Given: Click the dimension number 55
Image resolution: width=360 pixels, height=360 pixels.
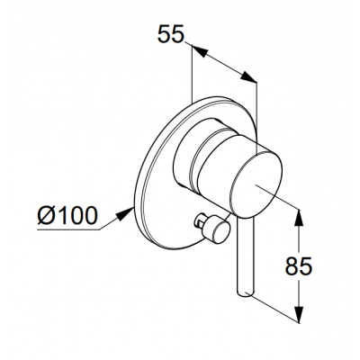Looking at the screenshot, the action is click(x=170, y=34).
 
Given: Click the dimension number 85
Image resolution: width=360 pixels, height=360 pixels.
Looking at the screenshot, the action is click(x=299, y=266).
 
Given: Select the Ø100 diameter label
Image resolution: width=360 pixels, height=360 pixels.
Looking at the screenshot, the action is click(x=67, y=215).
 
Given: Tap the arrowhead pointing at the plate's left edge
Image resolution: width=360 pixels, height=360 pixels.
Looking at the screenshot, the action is click(x=126, y=213).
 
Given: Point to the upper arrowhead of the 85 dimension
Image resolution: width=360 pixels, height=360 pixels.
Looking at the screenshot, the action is click(x=299, y=218).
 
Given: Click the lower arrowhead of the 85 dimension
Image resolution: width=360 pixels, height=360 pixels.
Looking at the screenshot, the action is click(x=299, y=314).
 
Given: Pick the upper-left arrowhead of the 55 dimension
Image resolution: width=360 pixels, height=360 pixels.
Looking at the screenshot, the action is click(x=199, y=51).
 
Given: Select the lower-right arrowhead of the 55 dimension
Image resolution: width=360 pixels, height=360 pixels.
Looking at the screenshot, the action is click(x=248, y=76).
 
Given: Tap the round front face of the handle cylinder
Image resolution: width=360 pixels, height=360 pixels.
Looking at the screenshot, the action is click(x=256, y=184).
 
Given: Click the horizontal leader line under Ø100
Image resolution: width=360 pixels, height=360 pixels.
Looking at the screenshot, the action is click(x=68, y=230).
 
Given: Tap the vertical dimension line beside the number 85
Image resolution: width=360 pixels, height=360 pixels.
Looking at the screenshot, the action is click(x=299, y=266).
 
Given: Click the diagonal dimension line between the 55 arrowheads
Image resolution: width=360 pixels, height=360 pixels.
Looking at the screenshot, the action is click(x=223, y=64).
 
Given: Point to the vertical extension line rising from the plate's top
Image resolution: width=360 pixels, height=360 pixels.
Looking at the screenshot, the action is click(x=191, y=73).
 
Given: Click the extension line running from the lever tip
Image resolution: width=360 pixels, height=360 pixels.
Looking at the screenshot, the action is click(x=275, y=309).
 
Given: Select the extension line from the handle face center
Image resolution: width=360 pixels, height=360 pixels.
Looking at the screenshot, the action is click(x=277, y=196).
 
